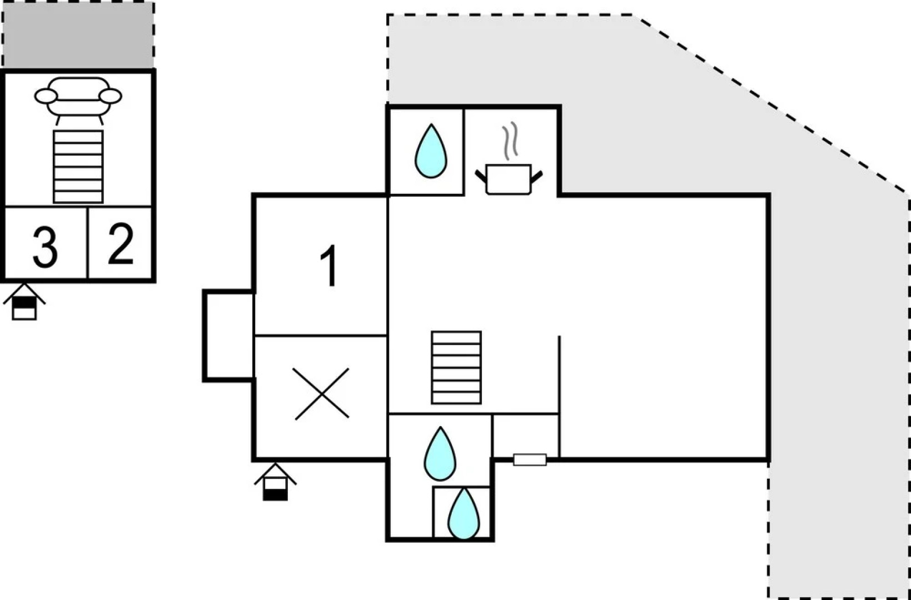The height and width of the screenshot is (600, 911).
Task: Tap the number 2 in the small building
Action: coord(121,244)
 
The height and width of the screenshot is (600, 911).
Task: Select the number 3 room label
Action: coord(45,248)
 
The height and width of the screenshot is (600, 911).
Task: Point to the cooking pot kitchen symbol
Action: coord(509,179)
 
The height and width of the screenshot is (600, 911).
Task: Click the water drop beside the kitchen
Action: coord(431,151)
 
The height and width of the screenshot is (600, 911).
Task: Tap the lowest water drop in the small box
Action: coord(464,514)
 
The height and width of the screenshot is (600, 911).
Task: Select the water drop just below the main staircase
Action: coord(440,454)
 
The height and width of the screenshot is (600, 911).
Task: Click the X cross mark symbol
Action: coord(322,393)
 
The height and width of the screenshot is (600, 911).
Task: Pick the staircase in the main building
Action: coord(456,368)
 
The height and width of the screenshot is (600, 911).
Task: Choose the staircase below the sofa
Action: coord(78,167)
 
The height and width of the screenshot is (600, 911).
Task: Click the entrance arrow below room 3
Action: coord(24,302)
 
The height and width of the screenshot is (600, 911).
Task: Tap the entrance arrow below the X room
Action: coord(275,483)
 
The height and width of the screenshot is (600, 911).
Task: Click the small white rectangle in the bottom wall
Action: coord(530,459)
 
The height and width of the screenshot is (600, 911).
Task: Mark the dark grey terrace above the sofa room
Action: coord(78,34)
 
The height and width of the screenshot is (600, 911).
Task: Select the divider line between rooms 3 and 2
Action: coord(88,243)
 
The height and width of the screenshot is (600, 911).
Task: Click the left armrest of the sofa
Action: coord(46,96)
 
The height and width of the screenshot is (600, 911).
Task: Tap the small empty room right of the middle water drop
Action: coord(525,437)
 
